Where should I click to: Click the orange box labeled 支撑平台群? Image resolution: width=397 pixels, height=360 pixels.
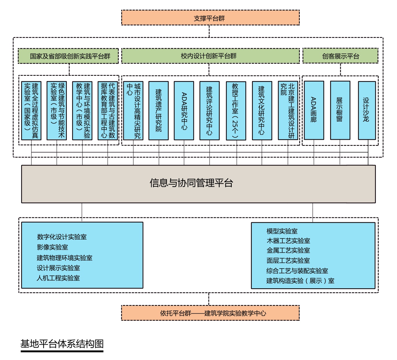pos(210,18)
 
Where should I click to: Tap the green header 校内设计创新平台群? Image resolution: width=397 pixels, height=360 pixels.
pos(210,56)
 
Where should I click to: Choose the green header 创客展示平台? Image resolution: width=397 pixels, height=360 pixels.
pos(340,56)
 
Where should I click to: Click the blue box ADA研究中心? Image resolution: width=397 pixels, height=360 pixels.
pos(184,111)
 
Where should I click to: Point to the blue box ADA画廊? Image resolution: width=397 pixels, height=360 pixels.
pos(314,110)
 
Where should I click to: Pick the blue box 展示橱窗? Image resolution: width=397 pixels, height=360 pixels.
pos(340,110)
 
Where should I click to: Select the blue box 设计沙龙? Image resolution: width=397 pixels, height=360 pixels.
pos(367,110)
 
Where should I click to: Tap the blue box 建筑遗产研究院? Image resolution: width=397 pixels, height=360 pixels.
pos(159,111)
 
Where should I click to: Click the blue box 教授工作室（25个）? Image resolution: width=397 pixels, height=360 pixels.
pos(236,111)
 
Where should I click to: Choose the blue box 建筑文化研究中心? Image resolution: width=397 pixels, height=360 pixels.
pos(262,111)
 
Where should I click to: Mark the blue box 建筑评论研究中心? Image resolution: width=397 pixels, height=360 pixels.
pos(209,111)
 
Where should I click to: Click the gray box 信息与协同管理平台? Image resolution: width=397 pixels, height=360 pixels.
pos(198,184)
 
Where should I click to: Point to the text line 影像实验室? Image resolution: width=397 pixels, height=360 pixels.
pos(52,247)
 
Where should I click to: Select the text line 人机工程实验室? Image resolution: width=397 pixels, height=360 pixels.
pos(58,278)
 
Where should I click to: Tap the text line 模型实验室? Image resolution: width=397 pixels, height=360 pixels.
pos(282,231)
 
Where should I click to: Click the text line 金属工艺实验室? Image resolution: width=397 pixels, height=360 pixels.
pos(288,250)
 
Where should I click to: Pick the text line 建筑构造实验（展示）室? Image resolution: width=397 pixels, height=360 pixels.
pos(300,281)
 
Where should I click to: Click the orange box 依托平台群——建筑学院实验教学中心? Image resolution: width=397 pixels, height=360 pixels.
pos(210,313)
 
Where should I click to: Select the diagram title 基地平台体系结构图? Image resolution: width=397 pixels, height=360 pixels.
pos(62,344)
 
